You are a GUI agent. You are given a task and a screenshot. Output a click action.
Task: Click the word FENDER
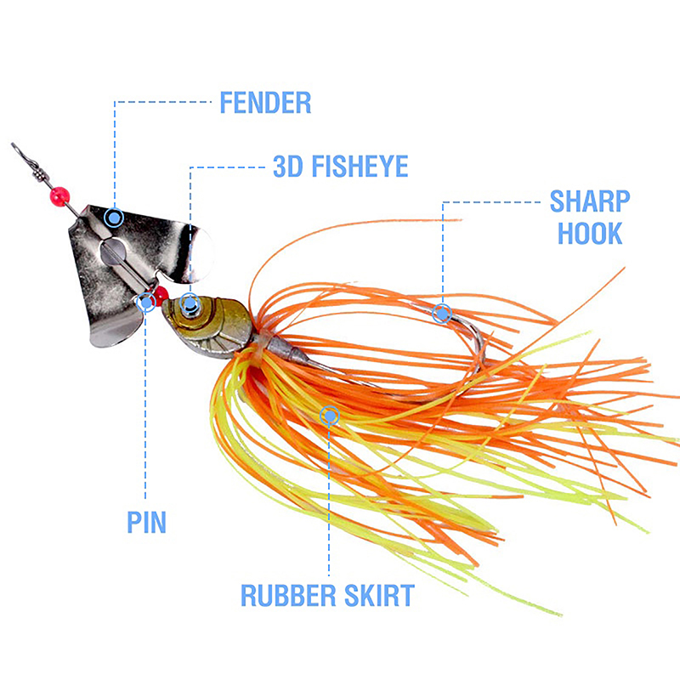coord(265,103)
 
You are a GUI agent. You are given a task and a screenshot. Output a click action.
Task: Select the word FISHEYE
coord(358,166)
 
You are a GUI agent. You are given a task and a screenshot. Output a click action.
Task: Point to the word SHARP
coord(590,201)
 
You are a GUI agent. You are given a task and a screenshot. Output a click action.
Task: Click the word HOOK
coord(590,233)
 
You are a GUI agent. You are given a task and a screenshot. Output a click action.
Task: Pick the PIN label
coord(146,521)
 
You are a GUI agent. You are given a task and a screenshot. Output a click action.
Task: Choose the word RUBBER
coord(286,595)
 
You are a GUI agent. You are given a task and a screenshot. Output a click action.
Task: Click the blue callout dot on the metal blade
coord(112,218)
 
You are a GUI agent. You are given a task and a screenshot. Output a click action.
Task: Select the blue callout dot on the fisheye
coord(190,303)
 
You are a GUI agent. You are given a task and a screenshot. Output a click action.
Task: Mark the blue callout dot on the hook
coord(441,313)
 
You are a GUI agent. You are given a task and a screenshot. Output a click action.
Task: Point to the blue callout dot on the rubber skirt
coord(330,415)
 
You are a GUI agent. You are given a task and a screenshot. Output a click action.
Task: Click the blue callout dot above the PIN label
coord(146,300)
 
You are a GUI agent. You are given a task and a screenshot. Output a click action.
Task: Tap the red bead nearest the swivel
coord(59,197)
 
